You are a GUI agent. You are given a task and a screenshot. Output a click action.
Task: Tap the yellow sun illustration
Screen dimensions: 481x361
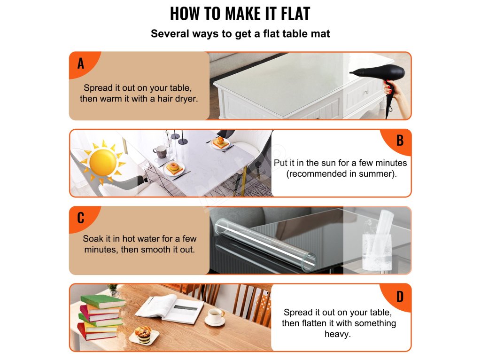(x=103, y=162)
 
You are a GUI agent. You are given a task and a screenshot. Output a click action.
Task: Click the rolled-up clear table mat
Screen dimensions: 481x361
(x=265, y=244)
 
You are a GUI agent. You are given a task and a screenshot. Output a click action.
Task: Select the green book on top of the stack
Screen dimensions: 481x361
(x=103, y=301)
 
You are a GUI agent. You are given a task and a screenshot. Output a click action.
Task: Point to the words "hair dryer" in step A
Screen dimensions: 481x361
(x=177, y=99)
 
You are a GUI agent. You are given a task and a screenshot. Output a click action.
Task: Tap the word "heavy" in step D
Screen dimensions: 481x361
(x=337, y=334)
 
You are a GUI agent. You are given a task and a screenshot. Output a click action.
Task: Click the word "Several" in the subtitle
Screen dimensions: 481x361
(x=170, y=33)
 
